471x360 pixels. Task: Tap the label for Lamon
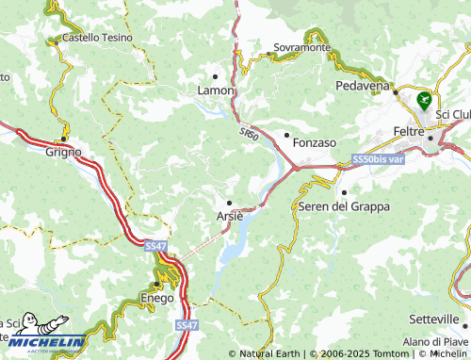click(215, 90)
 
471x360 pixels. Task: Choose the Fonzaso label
click(315, 142)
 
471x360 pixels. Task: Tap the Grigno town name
click(63, 151)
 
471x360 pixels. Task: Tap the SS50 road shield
click(249, 135)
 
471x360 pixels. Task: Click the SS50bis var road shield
click(377, 160)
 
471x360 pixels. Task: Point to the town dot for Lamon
click(215, 76)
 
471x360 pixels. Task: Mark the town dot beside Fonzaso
click(286, 135)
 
